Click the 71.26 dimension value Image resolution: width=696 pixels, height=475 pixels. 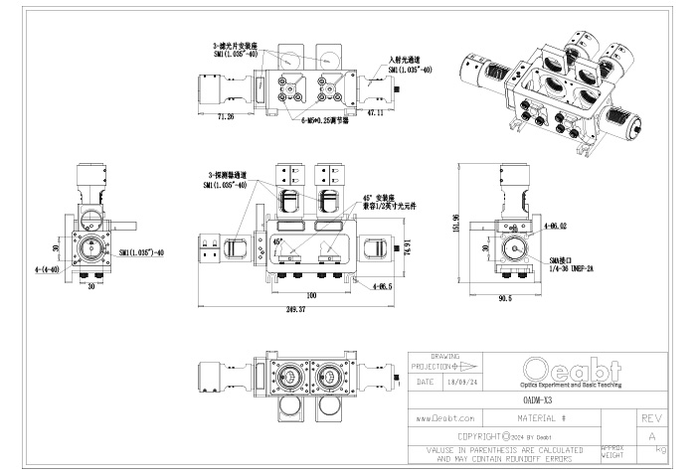224,117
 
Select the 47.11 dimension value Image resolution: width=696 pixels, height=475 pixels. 376,114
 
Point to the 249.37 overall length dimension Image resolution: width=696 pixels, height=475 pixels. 295,310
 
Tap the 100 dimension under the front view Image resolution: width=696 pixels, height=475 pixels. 312,295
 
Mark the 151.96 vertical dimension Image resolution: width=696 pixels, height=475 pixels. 456,227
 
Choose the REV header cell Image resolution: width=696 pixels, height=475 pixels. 651,419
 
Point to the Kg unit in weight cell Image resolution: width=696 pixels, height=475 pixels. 660,450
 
